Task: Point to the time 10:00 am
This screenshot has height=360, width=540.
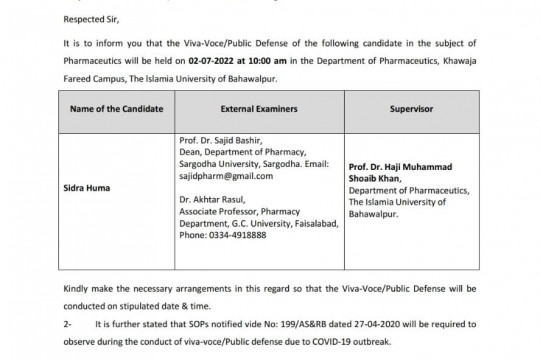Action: (295, 61)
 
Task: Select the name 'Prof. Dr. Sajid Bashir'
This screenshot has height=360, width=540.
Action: (216, 143)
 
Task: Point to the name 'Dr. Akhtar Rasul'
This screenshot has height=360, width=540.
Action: (212, 199)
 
